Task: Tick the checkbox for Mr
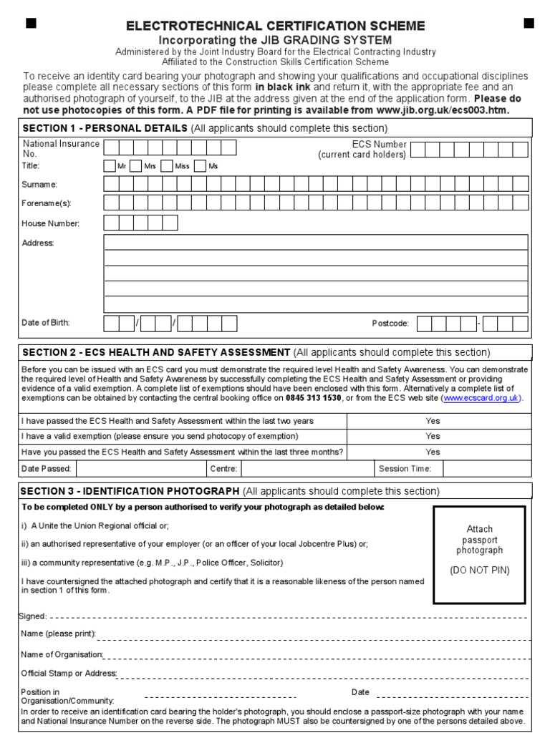[110, 166]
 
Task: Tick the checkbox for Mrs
[136, 166]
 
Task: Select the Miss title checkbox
[166, 166]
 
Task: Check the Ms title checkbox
[200, 166]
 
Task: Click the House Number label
[51, 223]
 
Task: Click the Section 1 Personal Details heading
[105, 128]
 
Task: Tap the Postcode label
[390, 324]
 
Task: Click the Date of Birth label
[46, 323]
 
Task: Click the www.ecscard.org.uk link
[482, 398]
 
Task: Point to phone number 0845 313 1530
[313, 398]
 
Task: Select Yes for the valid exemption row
[433, 436]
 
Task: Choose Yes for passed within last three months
[433, 452]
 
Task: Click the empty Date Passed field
[140, 469]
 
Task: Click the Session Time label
[405, 469]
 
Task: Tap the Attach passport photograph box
[479, 554]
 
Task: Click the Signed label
[33, 616]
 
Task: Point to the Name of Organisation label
[62, 654]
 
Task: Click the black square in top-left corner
[31, 24]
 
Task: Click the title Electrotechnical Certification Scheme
[276, 26]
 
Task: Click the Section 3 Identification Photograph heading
[130, 491]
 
